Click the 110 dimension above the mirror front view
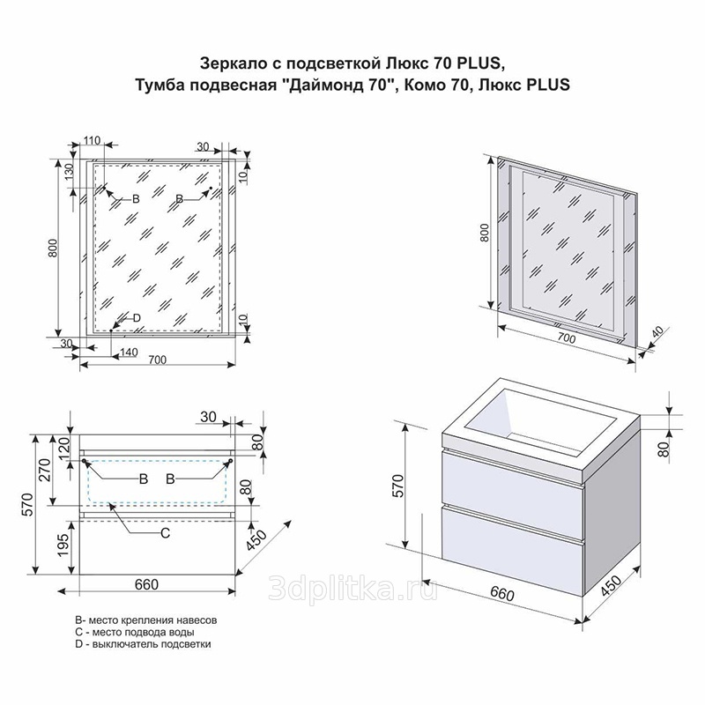[x=92, y=140]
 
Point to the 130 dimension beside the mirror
[x=69, y=172]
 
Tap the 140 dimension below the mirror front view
[x=129, y=352]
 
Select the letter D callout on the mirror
[x=137, y=318]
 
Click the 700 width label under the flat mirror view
[x=158, y=360]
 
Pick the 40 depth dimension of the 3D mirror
[x=657, y=332]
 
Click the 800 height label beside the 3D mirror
[x=485, y=233]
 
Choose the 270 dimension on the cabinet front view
[x=45, y=469]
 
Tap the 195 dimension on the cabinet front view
[x=63, y=545]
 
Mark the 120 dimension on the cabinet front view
[x=63, y=448]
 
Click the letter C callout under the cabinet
[x=166, y=533]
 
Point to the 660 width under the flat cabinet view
[x=146, y=584]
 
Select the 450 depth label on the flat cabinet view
[x=257, y=540]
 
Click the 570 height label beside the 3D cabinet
[x=398, y=486]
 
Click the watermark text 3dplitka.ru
[x=352, y=588]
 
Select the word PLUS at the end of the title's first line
[x=479, y=63]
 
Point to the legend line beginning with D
[x=143, y=644]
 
